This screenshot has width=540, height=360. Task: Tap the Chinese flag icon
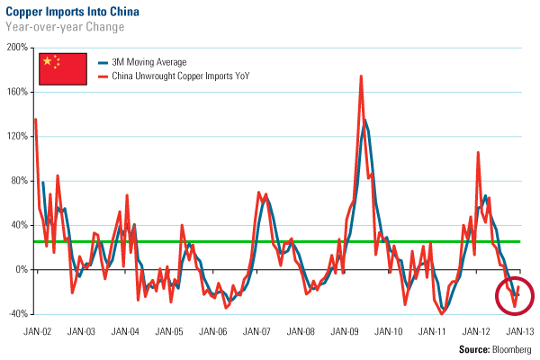click(59, 70)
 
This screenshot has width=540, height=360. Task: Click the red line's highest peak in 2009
click(361, 76)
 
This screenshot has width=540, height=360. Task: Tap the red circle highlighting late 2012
click(514, 293)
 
